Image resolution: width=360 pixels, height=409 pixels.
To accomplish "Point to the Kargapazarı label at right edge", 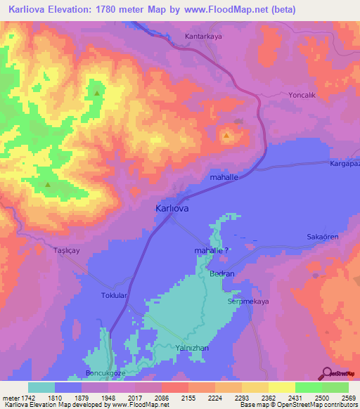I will coord(345,163).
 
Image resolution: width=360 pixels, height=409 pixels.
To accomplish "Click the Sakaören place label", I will coord(323,238).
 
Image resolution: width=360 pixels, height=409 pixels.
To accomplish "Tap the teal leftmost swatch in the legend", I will coord(41,387).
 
